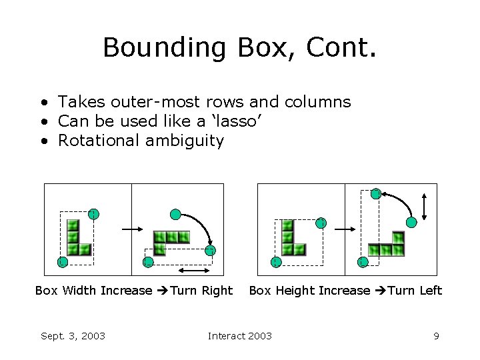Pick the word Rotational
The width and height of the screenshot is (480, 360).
(97, 141)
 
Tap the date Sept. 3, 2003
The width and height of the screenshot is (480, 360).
(73, 336)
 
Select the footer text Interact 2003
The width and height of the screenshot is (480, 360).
(240, 336)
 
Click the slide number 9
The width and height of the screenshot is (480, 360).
(436, 336)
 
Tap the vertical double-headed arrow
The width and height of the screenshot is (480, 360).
(425, 205)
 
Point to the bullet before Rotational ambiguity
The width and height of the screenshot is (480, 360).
(43, 141)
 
